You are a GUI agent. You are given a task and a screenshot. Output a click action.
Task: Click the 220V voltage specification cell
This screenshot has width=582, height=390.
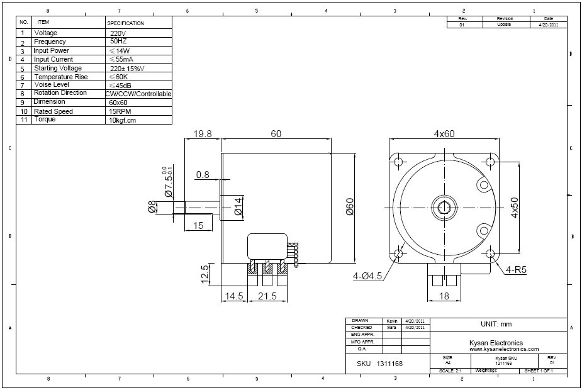pos(118,33)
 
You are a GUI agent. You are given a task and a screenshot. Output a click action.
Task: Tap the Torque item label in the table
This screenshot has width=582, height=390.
pos(45,120)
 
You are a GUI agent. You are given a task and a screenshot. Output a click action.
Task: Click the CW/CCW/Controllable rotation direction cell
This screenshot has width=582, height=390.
pos(138,94)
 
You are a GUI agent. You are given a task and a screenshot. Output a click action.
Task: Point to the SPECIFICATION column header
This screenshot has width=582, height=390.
pos(126,23)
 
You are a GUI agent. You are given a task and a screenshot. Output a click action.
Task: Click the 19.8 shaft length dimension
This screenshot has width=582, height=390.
pos(202,134)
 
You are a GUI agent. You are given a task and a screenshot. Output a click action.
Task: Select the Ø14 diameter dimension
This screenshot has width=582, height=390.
pos(238,206)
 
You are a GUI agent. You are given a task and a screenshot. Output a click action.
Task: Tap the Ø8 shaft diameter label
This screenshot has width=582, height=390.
pos(152,207)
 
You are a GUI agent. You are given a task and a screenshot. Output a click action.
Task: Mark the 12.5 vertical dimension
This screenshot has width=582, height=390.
pos(204,275)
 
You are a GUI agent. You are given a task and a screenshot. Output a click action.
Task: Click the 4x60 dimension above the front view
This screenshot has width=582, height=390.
pos(444,134)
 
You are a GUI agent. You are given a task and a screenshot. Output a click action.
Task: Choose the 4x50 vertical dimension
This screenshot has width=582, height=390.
pos(514,208)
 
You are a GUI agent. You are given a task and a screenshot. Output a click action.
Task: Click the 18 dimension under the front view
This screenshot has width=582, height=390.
pos(444,296)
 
